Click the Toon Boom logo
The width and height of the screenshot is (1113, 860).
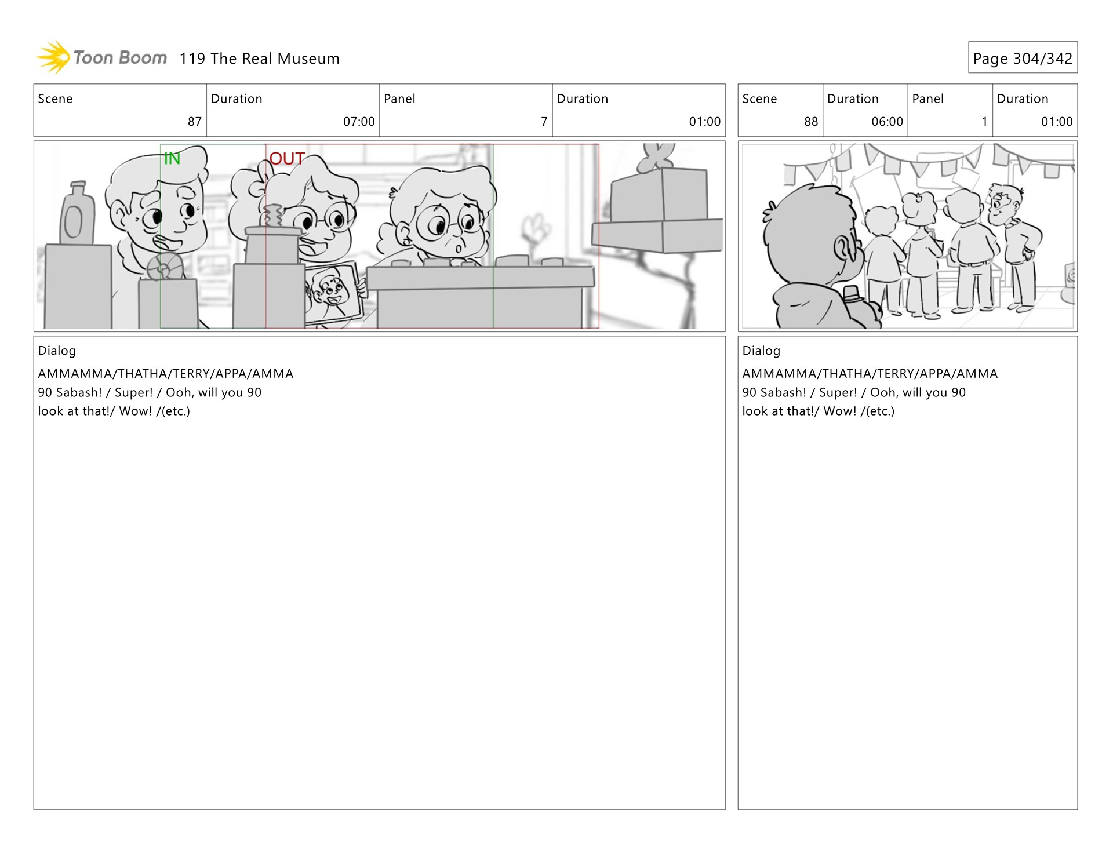click(102, 57)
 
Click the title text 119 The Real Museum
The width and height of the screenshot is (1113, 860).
click(259, 59)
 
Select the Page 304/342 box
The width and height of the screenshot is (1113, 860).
click(1023, 57)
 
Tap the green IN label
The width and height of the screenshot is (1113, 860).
click(172, 158)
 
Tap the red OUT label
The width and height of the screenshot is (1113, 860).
click(287, 158)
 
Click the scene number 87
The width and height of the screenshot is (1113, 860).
click(195, 122)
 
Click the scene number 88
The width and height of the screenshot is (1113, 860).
click(811, 122)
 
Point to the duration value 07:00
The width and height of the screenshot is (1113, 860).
click(359, 122)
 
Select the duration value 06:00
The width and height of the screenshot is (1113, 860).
click(887, 122)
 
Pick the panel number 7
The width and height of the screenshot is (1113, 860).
click(544, 122)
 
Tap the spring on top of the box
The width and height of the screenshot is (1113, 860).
click(274, 216)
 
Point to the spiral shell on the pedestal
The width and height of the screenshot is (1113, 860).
click(165, 268)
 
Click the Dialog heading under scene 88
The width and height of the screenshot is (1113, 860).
click(761, 351)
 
